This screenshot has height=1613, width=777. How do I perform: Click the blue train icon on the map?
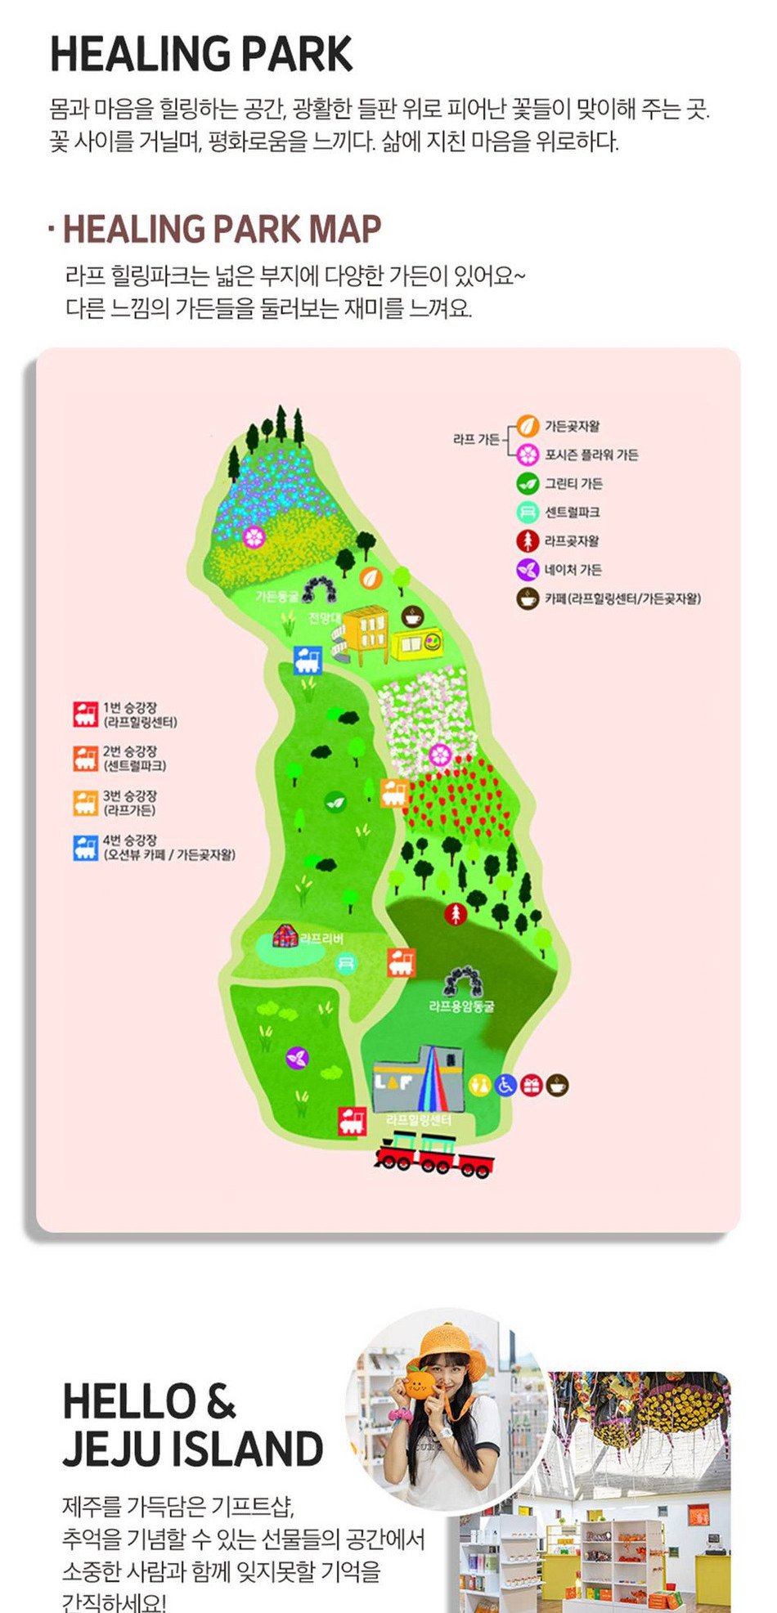tap(308, 659)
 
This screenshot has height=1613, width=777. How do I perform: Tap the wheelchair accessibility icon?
tap(505, 1085)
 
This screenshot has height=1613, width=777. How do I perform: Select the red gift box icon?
tap(532, 1085)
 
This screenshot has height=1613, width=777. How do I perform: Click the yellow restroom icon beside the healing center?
tap(479, 1085)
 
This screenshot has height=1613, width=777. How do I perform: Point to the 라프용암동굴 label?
tap(461, 1006)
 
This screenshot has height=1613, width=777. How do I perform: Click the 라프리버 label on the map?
tap(321, 939)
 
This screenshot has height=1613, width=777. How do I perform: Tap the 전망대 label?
tap(324, 617)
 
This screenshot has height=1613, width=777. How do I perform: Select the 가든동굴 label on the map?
tap(277, 597)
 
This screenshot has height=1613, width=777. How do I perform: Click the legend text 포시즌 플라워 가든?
tap(591, 455)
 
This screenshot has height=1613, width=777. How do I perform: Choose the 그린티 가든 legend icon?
tap(528, 483)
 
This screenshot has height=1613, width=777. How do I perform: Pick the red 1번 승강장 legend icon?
tap(85, 714)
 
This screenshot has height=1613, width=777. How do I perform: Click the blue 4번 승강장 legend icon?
tap(85, 847)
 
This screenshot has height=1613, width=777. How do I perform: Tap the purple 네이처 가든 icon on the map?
tap(297, 1058)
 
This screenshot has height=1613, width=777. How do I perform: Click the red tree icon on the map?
tap(456, 914)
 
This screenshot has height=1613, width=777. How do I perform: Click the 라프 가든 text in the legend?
tap(476, 439)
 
